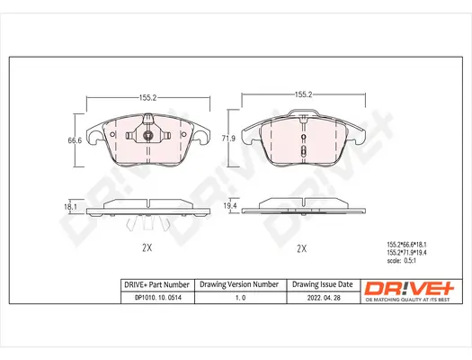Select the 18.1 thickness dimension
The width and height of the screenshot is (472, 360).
tap(67, 206)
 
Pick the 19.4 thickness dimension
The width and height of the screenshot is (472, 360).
tap(231, 206)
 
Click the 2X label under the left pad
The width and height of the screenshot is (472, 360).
tap(147, 248)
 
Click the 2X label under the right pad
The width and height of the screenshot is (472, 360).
tap(302, 248)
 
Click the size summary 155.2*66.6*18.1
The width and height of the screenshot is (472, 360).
tap(409, 244)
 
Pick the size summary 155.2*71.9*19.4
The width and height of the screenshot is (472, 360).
tap(409, 253)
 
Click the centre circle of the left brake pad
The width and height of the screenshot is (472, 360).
tap(147, 137)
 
